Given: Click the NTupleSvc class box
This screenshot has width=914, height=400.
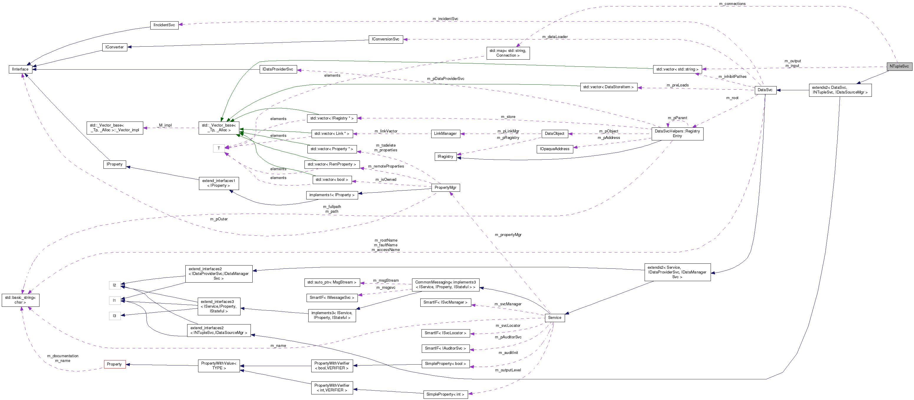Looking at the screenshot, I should [x=899, y=66].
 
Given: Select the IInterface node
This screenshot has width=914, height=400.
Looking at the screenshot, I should [x=20, y=69].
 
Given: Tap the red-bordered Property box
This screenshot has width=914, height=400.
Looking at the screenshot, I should [x=115, y=364].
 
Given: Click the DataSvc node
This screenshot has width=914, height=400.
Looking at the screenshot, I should [x=765, y=90].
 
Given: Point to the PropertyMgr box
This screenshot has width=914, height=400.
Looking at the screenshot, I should [x=445, y=188].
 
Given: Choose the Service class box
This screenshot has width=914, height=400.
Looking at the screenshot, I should [x=555, y=318].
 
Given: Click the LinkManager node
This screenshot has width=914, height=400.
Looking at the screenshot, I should [x=445, y=134].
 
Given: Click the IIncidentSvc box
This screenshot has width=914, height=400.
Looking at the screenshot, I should [x=164, y=25].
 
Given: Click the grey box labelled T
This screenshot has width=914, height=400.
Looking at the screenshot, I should [x=219, y=148].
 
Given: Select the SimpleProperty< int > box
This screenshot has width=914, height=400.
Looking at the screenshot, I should [x=445, y=394].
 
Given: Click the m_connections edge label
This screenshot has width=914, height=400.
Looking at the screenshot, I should [x=732, y=4].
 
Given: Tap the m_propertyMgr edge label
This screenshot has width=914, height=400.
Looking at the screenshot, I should [x=508, y=235].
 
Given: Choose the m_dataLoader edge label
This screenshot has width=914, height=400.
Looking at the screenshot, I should [x=555, y=37].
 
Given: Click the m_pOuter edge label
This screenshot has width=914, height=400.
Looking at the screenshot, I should [x=219, y=219].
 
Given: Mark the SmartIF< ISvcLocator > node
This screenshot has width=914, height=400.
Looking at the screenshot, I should [x=445, y=333].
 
